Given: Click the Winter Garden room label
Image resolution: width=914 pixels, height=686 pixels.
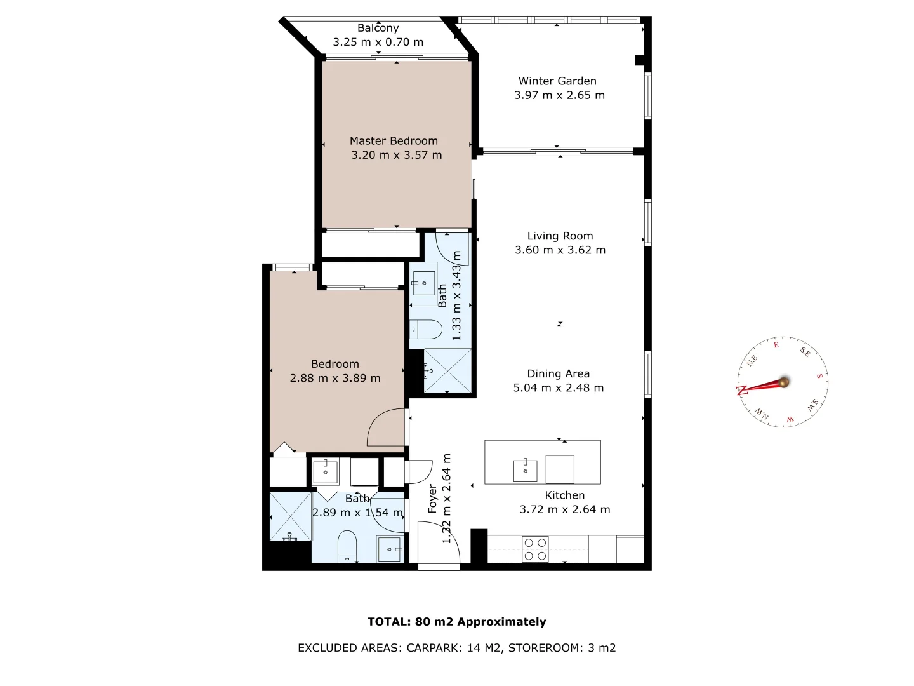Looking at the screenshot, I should point(557,81).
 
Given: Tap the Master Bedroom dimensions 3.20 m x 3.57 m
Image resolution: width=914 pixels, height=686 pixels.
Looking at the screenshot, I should point(396,155).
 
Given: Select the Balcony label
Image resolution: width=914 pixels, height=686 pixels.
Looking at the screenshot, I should point(378,28).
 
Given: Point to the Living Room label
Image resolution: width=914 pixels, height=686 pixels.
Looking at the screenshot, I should point(560,236).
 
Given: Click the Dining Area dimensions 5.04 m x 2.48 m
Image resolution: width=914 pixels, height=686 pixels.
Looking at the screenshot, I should point(558,387).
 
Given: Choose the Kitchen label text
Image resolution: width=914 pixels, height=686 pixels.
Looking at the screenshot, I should point(564,495).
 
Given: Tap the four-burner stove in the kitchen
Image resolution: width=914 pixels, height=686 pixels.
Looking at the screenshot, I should point(534,549).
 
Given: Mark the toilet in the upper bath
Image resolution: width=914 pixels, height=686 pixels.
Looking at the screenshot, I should point(426,330).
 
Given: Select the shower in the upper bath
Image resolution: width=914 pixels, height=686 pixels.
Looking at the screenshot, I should point(447,370).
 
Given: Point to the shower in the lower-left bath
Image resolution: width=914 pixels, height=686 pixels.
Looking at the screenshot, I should point(290,516).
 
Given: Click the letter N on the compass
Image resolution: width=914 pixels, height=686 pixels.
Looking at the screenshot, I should point(741,390).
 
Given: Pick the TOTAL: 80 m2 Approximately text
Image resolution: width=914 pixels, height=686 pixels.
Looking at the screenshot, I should point(456,622).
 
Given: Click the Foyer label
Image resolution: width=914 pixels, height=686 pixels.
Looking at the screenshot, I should point(432,499).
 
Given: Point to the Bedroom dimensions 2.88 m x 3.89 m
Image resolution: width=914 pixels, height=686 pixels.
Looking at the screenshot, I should point(334,378).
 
